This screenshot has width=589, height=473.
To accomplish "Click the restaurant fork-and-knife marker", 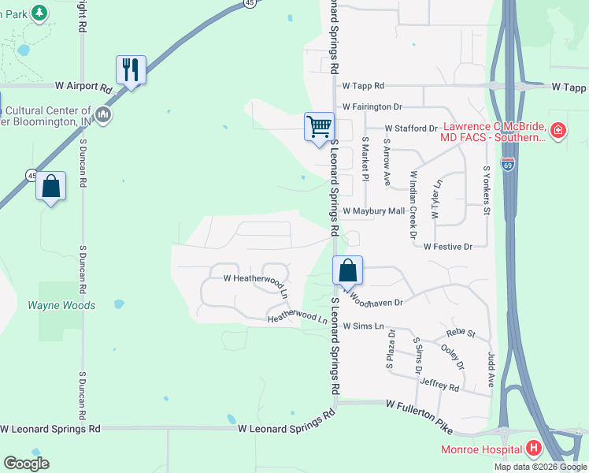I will point(131,70).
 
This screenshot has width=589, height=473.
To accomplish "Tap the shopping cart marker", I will point(319,127).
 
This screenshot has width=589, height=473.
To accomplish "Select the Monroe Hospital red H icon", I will point(534,449).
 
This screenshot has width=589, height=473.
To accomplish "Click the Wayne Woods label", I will point(61,305).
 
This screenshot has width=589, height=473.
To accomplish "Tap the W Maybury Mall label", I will point(373,211).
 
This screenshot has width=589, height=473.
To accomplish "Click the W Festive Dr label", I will point(447,247).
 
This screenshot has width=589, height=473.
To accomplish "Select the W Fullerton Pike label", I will point(420,415).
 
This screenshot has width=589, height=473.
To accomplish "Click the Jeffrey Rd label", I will point(439,385).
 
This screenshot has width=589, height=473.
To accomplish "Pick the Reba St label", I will point(461,333).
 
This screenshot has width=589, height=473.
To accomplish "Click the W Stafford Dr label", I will point(410,128).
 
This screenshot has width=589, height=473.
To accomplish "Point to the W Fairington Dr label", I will point(372,106).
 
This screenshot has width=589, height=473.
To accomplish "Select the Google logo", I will point(27,464).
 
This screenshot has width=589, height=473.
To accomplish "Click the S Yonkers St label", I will point(487,190).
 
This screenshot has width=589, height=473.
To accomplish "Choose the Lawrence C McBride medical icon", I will point(558,130).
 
